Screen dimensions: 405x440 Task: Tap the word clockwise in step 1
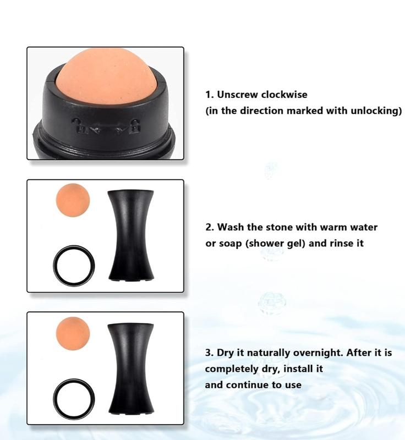(284, 95)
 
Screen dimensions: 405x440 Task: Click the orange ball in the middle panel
(73, 200)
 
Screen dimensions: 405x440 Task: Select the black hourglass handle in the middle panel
(131, 235)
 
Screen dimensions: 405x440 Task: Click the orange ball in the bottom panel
(73, 333)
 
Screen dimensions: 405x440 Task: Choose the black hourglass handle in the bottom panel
(131, 369)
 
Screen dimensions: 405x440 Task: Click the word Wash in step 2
(231, 227)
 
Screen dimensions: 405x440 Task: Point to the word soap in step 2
(230, 243)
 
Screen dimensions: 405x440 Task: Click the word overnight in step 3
(318, 353)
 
